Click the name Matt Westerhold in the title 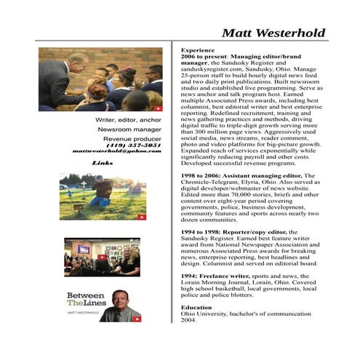pyautogui.click(x=273, y=33)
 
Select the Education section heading pyautogui.click(x=197, y=306)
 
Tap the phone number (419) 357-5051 pyautogui.click(x=133, y=145)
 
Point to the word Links pyautogui.click(x=103, y=163)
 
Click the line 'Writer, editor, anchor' pyautogui.click(x=128, y=119)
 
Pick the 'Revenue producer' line pyautogui.click(x=132, y=137)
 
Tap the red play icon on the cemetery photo pyautogui.click(x=142, y=216)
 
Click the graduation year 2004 pyautogui.click(x=189, y=320)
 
